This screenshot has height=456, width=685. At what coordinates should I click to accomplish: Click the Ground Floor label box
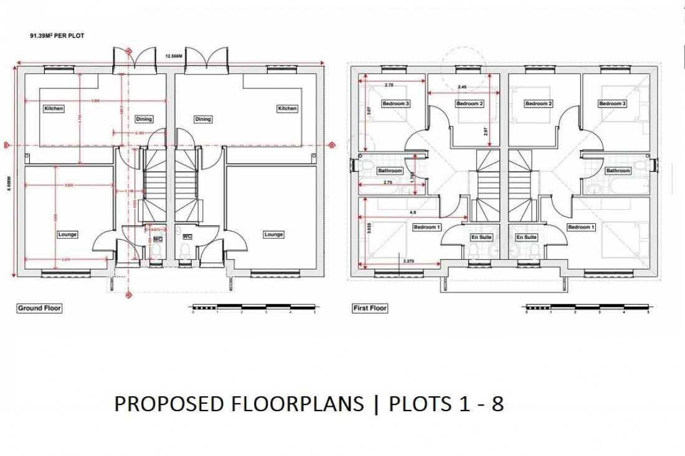tap(39, 308)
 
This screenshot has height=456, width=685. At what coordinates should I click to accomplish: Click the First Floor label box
tap(370, 308)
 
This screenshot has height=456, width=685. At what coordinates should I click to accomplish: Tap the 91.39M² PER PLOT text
tap(55, 37)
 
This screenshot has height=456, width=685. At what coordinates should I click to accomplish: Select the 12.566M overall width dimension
tap(173, 56)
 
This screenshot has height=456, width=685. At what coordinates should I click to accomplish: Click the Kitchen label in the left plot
tap(54, 109)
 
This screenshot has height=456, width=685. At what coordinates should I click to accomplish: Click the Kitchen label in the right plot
tap(287, 109)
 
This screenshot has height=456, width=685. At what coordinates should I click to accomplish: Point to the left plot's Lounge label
tap(67, 235)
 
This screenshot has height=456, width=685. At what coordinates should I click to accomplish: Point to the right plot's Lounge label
tap(273, 235)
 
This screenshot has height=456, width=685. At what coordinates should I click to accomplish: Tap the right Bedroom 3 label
tap(612, 104)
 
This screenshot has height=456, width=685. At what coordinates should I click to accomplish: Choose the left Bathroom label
tap(390, 170)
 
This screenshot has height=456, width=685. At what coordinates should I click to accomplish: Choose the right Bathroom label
tap(618, 170)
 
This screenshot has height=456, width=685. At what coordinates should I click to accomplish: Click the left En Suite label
tap(480, 237)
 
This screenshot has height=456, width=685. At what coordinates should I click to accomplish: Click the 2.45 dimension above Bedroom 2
tap(462, 87)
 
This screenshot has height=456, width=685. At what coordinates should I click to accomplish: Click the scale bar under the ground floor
tap(254, 307)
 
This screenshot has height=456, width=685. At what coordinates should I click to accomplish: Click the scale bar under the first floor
tap(586, 307)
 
